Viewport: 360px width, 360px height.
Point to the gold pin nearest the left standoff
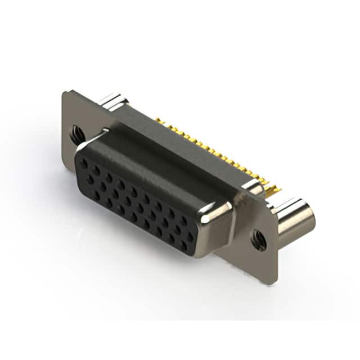[x=159, y=120]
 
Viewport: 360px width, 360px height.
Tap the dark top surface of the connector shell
[x=163, y=157]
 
